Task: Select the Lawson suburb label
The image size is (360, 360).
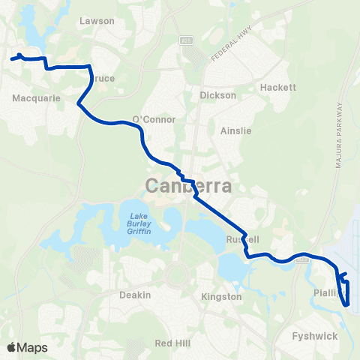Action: pos(97,21)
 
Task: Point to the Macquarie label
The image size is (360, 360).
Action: pos(31,97)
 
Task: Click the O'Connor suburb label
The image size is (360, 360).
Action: pos(154,119)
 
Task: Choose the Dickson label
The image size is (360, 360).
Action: pos(218,95)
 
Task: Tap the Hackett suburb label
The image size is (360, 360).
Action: pos(279,87)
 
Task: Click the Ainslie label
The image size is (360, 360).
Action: pos(235,130)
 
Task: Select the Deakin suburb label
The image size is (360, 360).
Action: pos(135,295)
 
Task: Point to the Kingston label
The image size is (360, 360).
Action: pos(222,296)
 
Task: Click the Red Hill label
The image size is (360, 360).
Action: pos(168,343)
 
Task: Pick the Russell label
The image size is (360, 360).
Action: pos(243,239)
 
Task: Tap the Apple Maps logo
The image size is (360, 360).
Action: pos(27,347)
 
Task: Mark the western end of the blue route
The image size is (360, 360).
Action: pos(12,57)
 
